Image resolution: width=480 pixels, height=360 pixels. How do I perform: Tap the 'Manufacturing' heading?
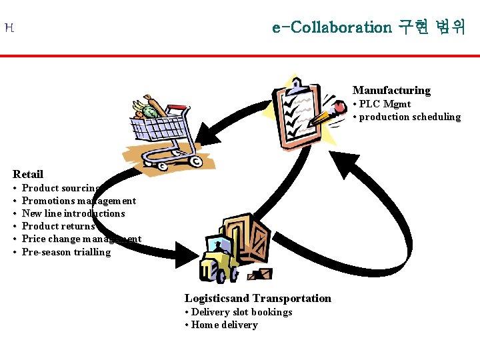click(x=391, y=90)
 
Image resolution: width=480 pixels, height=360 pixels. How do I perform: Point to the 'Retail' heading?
click(x=28, y=174)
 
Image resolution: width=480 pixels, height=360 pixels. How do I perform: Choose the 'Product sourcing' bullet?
click(x=61, y=188)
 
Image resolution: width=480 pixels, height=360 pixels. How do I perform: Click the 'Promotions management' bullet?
click(x=79, y=201)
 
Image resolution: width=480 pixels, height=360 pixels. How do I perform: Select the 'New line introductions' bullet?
click(x=73, y=213)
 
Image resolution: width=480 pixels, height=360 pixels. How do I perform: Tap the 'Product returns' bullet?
click(x=59, y=226)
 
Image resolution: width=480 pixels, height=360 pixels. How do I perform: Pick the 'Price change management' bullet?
click(x=81, y=239)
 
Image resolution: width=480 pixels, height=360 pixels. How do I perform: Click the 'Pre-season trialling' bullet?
click(x=66, y=252)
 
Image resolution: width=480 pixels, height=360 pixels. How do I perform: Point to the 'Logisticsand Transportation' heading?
click(x=257, y=298)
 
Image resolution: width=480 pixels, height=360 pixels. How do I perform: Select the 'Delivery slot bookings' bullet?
click(x=238, y=312)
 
